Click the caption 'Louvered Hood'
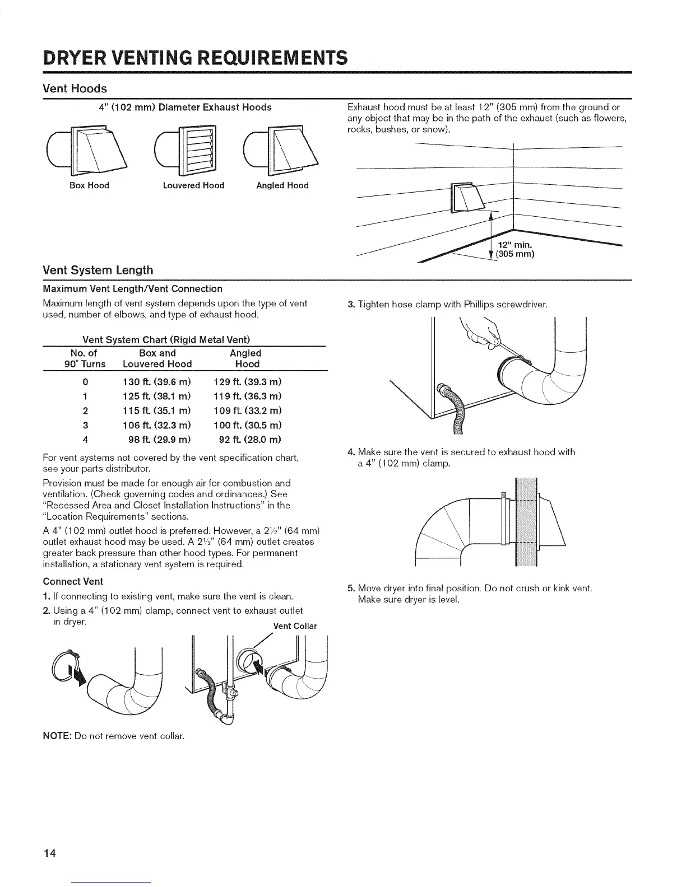pos(193,185)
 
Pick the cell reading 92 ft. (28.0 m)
pos(248,439)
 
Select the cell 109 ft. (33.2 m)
pos(248,410)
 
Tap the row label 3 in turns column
pos(85,425)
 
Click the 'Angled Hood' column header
pos(246,358)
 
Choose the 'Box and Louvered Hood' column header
pos(157,358)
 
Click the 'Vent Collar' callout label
pos(295,626)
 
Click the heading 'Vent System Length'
pos(98,270)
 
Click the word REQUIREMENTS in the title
pos(274,57)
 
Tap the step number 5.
pos(350,589)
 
